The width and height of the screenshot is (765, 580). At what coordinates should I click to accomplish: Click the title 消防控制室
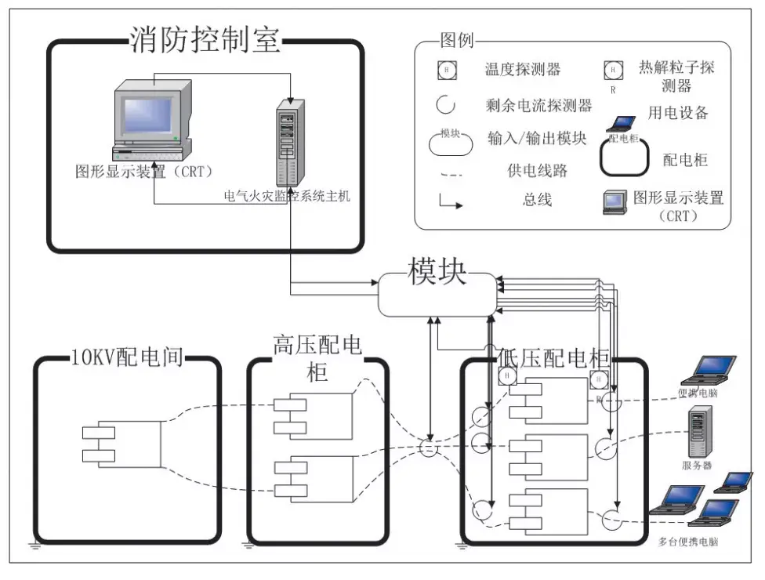205,38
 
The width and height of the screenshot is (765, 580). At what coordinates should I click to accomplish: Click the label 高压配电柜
317,357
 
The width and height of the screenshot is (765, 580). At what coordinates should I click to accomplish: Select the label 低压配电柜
553,357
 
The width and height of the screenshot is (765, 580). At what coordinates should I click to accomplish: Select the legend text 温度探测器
523,70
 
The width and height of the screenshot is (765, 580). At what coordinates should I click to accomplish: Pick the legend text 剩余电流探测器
538,105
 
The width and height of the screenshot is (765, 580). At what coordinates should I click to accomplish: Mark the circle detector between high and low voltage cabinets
429,448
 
